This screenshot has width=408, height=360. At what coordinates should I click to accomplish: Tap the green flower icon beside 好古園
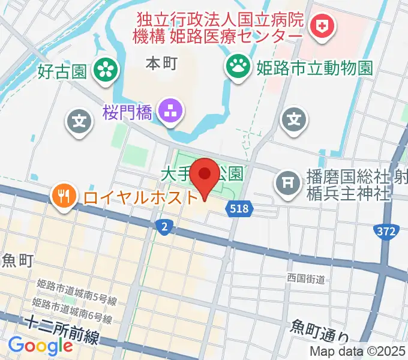point(106,70)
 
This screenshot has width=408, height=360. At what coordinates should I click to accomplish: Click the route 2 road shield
point(164,227)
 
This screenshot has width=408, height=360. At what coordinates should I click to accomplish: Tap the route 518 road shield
point(241,209)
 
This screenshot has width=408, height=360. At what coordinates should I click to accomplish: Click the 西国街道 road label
point(305,279)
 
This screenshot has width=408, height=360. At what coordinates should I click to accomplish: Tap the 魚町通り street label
point(319,326)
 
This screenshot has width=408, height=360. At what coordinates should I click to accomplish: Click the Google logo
point(41,346)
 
